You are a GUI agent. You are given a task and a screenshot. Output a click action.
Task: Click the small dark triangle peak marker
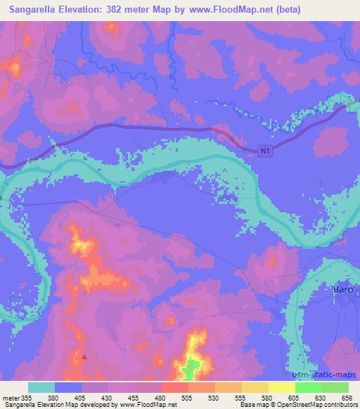tap(84, 356)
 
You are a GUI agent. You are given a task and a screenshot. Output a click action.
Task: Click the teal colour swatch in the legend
tap(41, 387)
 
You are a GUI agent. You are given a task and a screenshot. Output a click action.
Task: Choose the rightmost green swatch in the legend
tap(335, 387)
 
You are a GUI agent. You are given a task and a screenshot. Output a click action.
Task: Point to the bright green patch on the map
tap(188, 366)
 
